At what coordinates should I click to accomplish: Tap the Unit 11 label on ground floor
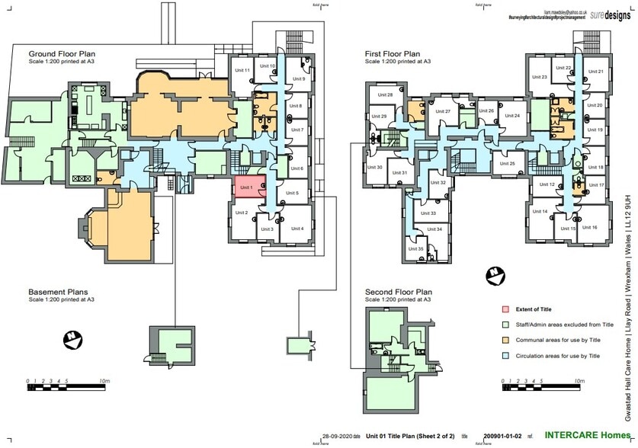click(x=242, y=70)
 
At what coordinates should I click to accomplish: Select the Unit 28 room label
click(x=386, y=95)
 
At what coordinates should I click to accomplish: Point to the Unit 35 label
click(x=416, y=249)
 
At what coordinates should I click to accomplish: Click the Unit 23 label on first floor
click(x=539, y=77)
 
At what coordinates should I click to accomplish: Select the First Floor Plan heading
click(x=393, y=54)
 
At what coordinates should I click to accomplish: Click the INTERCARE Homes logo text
click(x=577, y=434)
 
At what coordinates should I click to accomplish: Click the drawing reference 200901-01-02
click(x=503, y=435)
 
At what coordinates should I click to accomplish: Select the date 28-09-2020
click(x=337, y=435)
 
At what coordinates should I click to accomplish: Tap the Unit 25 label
click(x=508, y=164)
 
